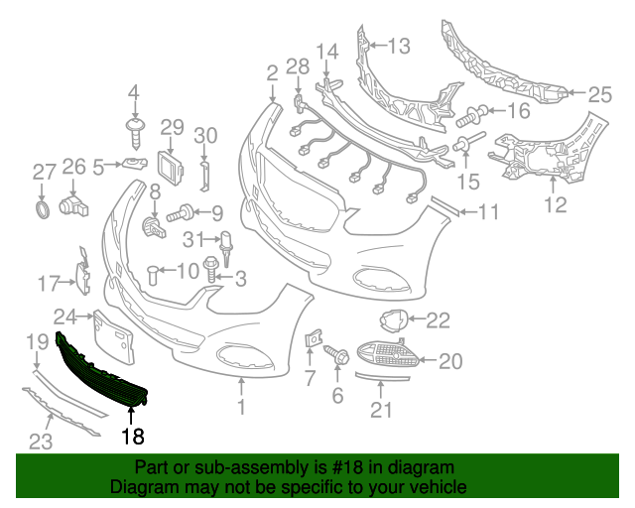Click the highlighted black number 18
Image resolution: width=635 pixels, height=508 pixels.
tap(133, 436)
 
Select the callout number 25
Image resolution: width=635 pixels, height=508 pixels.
tap(599, 95)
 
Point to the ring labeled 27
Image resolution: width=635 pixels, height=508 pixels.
tap(41, 209)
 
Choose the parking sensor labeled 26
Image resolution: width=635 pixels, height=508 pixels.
tap(74, 206)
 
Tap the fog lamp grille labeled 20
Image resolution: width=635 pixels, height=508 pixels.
tap(388, 354)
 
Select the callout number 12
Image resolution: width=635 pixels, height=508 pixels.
tap(556, 205)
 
